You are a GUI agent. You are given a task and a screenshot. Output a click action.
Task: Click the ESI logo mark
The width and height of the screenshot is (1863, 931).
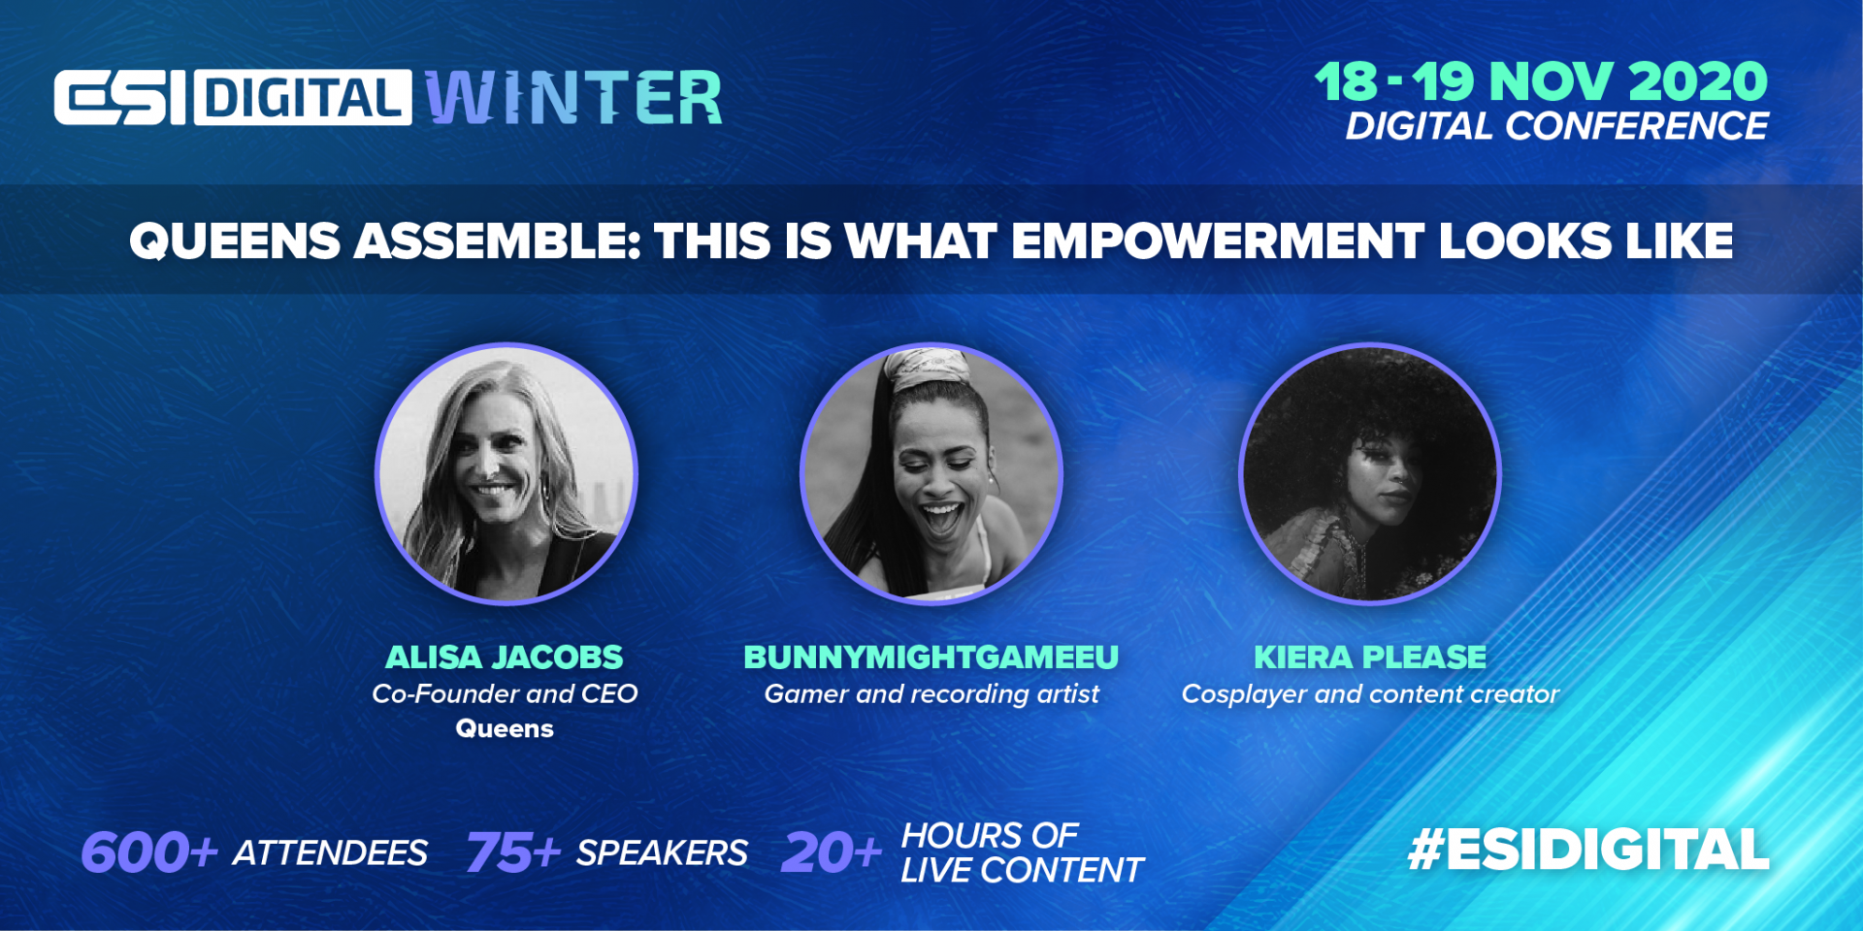(120, 97)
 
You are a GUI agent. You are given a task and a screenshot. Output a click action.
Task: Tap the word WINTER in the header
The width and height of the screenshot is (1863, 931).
(574, 97)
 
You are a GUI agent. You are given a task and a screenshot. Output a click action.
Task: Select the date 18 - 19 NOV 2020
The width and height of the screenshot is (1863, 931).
(1541, 81)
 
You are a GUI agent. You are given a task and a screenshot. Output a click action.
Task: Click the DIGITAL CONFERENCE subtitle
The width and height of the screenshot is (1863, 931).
(1556, 126)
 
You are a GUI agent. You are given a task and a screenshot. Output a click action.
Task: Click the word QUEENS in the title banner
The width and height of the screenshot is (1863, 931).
(235, 241)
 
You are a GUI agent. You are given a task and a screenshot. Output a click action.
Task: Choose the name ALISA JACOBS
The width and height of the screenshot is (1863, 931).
(505, 657)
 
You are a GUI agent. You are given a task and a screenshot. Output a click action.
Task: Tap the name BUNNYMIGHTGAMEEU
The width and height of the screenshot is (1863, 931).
(931, 657)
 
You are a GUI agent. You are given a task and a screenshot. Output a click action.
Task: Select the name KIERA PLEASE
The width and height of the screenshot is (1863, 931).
(1370, 657)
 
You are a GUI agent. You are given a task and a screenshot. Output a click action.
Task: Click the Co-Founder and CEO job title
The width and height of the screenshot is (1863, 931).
(505, 693)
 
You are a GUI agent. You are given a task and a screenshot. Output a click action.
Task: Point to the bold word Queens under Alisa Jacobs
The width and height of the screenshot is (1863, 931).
(505, 728)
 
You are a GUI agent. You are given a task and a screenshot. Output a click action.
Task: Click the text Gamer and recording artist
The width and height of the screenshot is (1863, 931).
(931, 694)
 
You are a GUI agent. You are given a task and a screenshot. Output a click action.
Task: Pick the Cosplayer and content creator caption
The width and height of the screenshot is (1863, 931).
(1370, 694)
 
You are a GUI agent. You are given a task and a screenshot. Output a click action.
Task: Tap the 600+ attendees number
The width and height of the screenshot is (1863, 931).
(149, 852)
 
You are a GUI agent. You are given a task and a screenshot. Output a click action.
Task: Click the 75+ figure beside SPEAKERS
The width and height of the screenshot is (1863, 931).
(513, 852)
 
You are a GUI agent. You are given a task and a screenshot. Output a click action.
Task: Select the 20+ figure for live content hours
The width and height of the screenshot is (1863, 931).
(832, 852)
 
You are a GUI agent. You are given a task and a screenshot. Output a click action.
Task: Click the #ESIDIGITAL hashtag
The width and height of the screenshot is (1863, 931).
(1588, 850)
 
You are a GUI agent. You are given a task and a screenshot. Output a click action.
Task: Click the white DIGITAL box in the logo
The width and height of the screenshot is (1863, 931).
(303, 97)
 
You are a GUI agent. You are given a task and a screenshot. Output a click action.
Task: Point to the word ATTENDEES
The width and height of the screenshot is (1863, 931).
(330, 852)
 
